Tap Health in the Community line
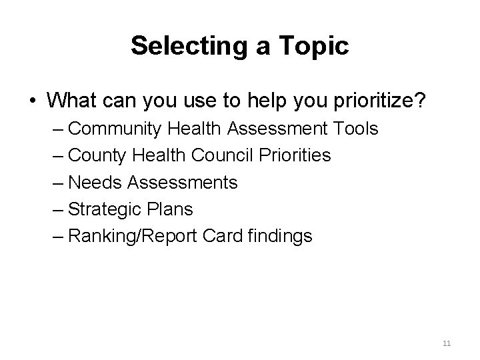pyautogui.click(x=197, y=128)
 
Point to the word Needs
pyautogui.click(x=94, y=182)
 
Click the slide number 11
pyautogui.click(x=447, y=343)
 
